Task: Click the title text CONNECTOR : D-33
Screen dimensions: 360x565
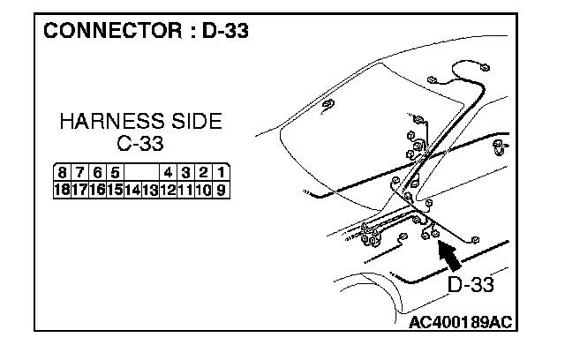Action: [146, 32]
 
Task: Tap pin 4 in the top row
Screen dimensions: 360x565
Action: [167, 172]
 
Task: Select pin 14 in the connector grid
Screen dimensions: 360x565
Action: [133, 188]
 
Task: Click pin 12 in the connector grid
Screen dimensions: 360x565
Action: [168, 188]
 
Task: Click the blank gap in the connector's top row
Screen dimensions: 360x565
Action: [141, 172]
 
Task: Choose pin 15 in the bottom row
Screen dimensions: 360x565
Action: [116, 188]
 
